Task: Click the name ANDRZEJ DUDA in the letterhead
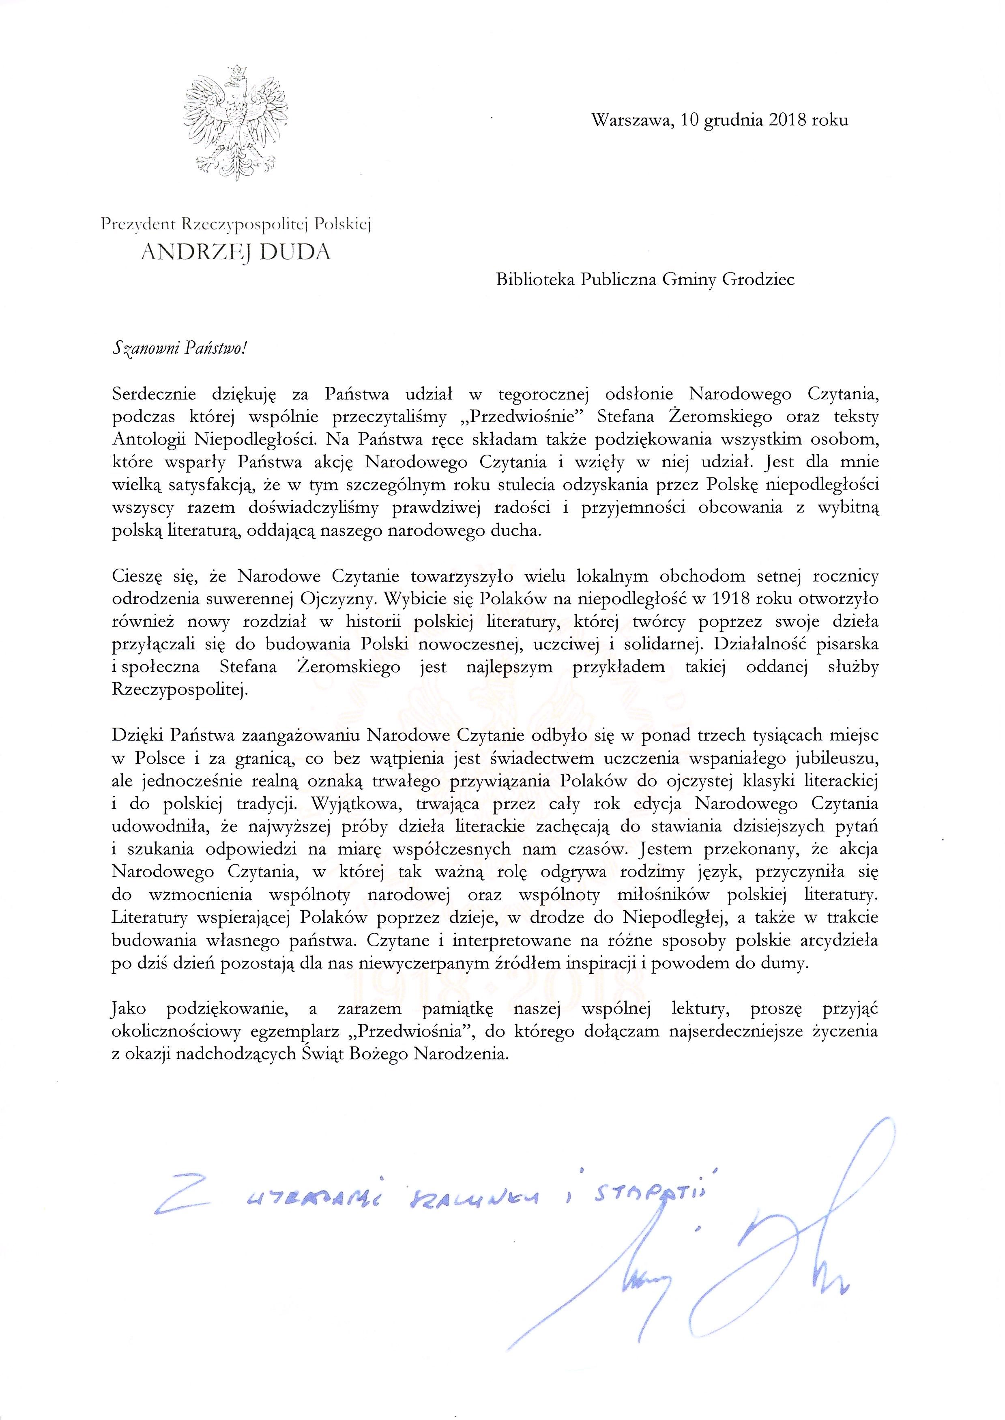click(236, 252)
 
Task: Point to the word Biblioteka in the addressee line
click(535, 280)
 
